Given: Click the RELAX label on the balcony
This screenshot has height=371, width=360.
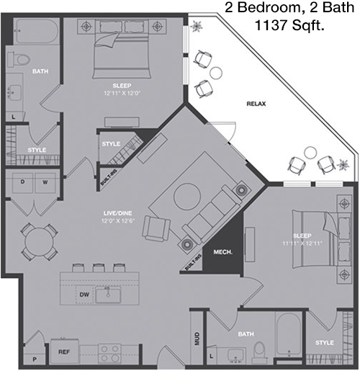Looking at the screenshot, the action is point(256,104).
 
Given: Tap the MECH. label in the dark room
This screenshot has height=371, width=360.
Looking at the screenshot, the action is point(223,252).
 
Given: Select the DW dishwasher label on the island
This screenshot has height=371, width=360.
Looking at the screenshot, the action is point(84,295).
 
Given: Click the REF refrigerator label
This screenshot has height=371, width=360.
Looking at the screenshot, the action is point(64,352).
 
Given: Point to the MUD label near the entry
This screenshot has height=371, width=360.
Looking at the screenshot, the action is point(197,339).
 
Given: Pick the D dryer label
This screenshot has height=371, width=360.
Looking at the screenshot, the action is point(22,182).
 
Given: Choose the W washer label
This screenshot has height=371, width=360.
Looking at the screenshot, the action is point(45,182).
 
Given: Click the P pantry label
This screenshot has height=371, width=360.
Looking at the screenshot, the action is point(35,359).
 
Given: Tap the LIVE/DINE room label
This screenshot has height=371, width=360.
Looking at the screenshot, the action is point(118,213).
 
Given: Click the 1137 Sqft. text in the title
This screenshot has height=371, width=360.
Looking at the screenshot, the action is point(289,25).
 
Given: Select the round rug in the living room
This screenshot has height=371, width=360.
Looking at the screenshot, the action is point(187,197).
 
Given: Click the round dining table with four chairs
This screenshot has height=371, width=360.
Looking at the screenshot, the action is point(39,241).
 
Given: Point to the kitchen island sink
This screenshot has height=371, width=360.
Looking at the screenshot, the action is point(108,295).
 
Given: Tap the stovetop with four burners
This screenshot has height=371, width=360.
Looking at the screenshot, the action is point(109,354).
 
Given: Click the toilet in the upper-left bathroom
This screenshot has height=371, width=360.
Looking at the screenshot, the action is point(19,59).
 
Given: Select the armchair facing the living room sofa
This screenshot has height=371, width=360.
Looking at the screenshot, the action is point(157,228).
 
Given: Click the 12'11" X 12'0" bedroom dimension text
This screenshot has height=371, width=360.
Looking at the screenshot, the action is point(122,93).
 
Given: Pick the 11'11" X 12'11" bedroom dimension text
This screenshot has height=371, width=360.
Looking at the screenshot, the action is point(302,243).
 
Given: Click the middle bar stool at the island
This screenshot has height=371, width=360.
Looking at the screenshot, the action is point(99,268).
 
